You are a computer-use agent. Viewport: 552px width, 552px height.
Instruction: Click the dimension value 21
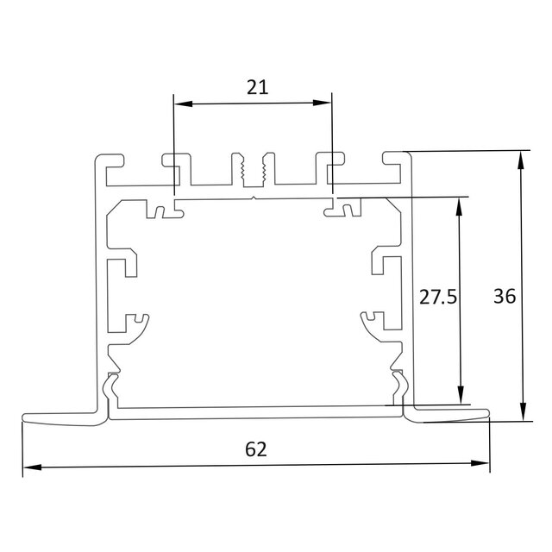tap(257, 86)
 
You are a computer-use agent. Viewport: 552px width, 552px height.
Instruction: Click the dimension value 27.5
tap(437, 298)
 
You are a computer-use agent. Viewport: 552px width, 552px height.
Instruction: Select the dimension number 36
tap(505, 296)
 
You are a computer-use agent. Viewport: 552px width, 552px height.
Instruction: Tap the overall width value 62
tap(256, 448)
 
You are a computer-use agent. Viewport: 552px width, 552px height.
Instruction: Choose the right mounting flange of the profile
tap(448, 417)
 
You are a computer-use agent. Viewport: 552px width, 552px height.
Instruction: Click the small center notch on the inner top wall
tap(253, 198)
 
